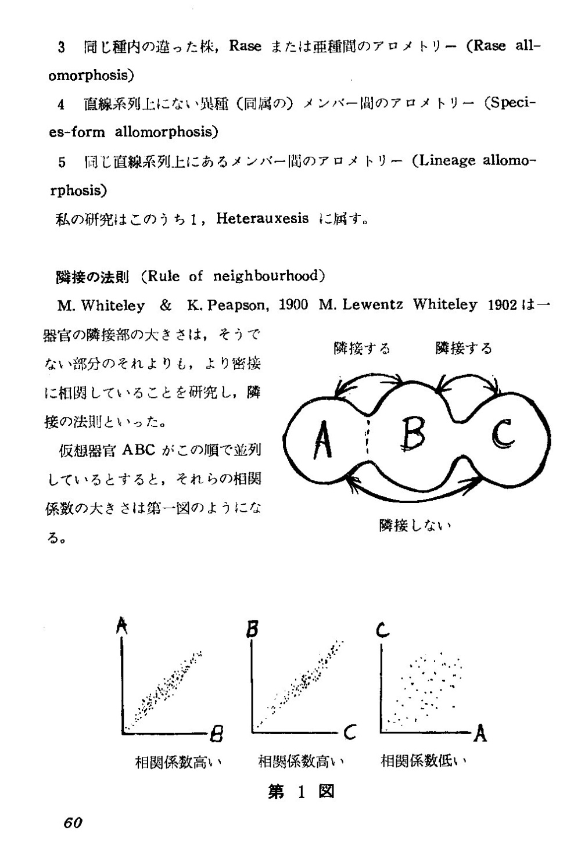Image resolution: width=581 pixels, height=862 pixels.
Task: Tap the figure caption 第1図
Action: tap(301, 792)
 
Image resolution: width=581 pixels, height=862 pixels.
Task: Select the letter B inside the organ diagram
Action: tap(414, 433)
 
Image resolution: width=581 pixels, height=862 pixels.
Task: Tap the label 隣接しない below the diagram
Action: tap(415, 526)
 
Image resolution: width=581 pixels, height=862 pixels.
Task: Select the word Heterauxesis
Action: tap(263, 219)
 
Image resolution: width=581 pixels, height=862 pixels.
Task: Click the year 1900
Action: tap(293, 305)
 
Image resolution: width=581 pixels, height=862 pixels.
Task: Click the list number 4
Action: tap(61, 105)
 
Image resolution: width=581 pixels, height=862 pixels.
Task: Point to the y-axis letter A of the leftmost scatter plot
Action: tap(122, 626)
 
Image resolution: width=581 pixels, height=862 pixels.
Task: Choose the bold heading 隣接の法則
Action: tap(92, 276)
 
